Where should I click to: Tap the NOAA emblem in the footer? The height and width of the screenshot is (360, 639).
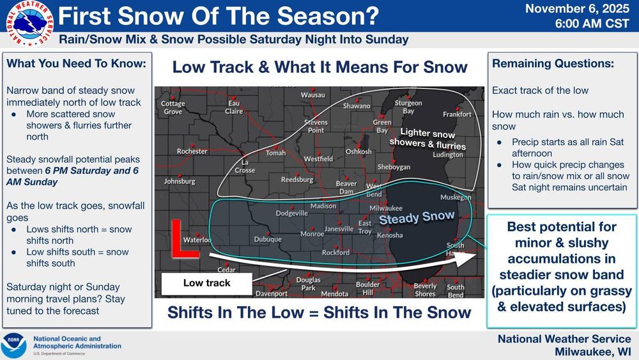14,345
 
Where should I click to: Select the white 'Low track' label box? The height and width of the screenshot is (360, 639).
206,283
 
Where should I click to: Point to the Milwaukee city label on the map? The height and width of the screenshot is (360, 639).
386,208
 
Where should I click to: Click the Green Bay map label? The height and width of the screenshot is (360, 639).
382,126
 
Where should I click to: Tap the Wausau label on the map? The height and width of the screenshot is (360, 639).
312,95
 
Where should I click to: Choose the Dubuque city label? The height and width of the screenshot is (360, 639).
267,240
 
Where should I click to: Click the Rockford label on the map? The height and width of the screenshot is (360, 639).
335,253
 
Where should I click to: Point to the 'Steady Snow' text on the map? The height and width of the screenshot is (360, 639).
417,217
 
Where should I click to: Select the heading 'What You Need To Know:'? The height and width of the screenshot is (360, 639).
76,64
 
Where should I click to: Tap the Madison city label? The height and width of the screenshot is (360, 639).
323,206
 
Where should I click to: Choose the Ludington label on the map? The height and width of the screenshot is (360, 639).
447,155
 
